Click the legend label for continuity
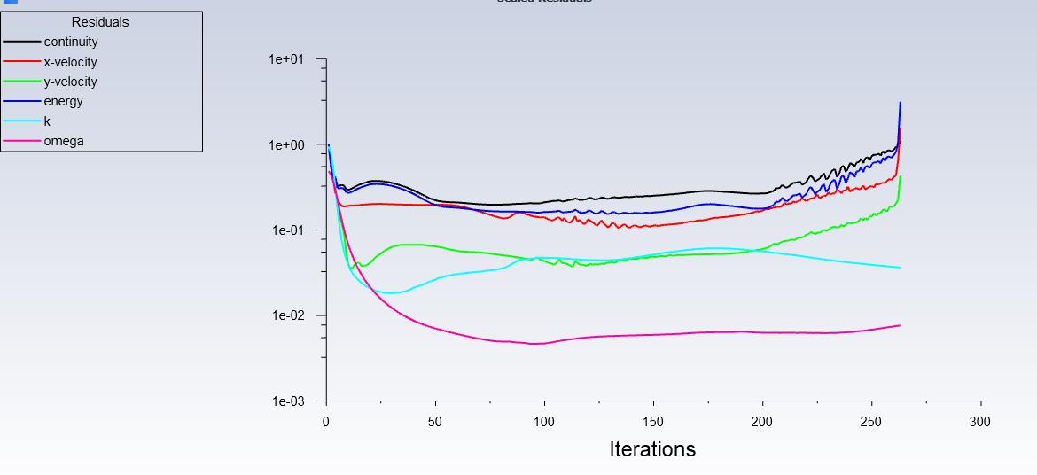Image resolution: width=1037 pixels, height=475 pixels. pos(71,42)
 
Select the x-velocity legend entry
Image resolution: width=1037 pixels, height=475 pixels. pos(71,62)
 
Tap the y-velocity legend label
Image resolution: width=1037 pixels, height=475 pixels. pos(71,82)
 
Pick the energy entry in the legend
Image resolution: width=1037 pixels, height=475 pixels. pos(64,101)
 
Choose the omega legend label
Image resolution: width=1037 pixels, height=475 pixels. pos(64,141)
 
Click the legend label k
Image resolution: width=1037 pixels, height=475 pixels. pos(47,121)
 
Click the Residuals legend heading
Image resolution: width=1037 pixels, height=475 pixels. pos(100,22)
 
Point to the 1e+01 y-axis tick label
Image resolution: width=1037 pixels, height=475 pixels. pos(286,59)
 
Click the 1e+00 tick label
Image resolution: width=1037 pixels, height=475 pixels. pos(286,144)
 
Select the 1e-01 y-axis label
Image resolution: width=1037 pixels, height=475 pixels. pos(286,230)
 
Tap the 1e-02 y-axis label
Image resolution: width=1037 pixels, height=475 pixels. pos(286,315)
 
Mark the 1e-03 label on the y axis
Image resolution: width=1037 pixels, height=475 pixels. pos(286,401)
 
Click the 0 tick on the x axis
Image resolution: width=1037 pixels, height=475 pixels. pos(327,422)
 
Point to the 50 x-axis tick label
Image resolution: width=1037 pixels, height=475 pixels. pos(435,422)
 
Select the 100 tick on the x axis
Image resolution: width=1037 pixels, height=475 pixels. pos(544,422)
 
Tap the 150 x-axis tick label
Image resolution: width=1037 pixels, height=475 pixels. pos(653,422)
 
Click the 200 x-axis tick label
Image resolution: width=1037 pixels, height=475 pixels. pos(762,422)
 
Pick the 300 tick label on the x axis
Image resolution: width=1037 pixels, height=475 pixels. pos(979,422)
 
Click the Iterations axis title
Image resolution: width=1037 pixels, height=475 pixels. pos(652,449)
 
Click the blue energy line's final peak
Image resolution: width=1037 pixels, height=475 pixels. pos(901,103)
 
